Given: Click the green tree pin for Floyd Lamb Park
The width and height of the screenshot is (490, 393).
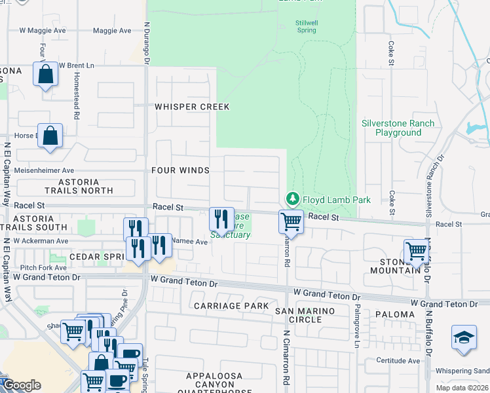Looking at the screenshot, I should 292,198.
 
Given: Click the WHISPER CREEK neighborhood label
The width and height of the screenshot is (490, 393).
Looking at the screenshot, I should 191,107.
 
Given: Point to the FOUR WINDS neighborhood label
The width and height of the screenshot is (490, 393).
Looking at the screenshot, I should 180,170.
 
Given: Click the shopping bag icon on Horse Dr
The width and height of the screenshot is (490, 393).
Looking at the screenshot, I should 50,136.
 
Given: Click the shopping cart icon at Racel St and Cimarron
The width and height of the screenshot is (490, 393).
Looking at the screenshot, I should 290,221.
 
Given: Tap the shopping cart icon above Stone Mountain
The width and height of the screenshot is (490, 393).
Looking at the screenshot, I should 416,250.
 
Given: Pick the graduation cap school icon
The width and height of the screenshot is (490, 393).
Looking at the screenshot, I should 464,337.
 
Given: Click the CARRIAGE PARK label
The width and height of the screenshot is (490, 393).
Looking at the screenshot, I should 231,306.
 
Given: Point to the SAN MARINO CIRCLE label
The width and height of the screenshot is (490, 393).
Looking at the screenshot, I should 304,315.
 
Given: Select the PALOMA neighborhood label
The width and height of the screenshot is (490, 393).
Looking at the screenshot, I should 395,314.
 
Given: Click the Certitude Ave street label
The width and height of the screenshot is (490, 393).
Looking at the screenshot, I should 398,361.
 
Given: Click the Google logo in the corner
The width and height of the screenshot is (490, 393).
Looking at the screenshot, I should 22,386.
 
